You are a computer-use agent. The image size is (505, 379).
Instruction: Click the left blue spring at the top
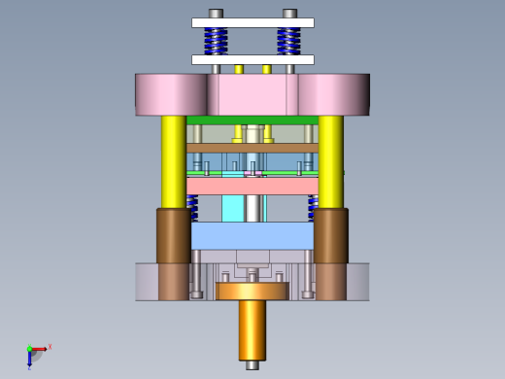(x=216, y=41)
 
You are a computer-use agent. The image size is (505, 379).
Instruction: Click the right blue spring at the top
(x=288, y=41)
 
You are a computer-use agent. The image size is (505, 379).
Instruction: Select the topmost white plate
(x=252, y=22)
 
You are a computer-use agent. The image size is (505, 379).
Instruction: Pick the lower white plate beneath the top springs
(x=252, y=59)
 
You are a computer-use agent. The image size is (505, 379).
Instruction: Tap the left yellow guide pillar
(x=173, y=160)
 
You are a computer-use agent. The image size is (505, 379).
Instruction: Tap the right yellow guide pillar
(x=330, y=160)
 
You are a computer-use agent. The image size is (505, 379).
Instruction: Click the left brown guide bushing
(x=173, y=235)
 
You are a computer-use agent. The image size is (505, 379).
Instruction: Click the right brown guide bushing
(x=331, y=235)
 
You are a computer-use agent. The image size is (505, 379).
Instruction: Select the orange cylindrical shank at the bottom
(x=252, y=328)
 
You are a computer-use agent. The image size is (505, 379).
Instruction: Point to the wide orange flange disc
(x=252, y=291)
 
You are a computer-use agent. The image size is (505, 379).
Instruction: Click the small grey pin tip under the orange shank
(x=252, y=365)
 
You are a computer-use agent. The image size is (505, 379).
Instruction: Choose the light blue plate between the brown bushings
(x=252, y=235)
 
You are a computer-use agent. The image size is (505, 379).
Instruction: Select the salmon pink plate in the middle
(x=252, y=186)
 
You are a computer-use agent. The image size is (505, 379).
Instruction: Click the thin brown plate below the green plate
(x=252, y=148)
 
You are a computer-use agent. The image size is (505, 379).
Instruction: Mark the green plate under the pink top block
(x=252, y=121)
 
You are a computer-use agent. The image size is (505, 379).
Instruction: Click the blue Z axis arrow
(x=30, y=361)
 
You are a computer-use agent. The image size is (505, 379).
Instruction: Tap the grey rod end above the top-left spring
(x=216, y=14)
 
